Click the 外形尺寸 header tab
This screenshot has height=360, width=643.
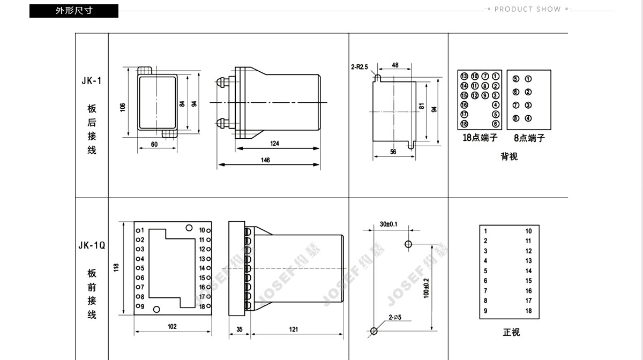point(74,11)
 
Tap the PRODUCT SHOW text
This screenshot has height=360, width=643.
point(527,9)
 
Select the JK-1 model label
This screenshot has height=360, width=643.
point(92,81)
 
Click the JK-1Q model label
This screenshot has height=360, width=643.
point(92,245)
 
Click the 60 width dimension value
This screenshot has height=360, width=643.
point(154,144)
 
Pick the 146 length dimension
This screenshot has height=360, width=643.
point(265,160)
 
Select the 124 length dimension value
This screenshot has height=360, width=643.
point(275,144)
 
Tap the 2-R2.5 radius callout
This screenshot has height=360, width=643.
point(360,67)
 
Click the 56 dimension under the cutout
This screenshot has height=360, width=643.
point(393,152)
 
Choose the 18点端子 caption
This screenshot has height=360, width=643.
point(480,138)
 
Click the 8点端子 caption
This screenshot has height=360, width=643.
point(529,138)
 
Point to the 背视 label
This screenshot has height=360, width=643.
point(509,156)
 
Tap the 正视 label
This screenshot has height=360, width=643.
point(511,332)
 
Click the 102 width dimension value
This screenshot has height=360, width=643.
point(171,327)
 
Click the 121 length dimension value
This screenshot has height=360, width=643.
point(294,329)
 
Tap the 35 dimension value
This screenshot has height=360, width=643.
point(239,329)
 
